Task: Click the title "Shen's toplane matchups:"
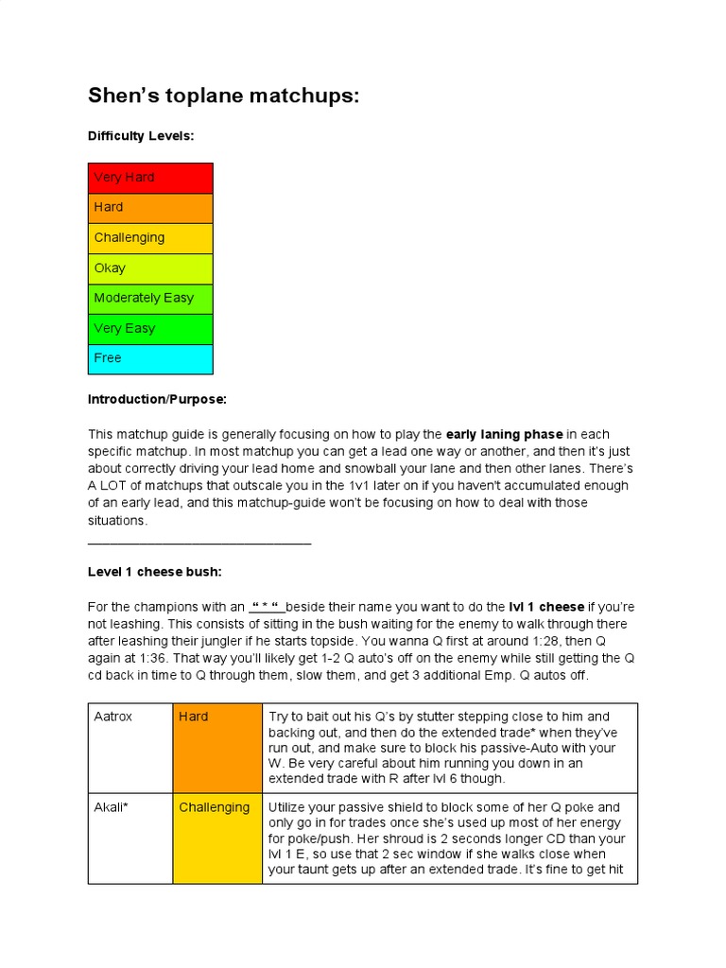(223, 95)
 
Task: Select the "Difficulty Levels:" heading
(141, 136)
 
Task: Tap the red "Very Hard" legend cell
(150, 178)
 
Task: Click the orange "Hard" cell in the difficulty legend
(150, 208)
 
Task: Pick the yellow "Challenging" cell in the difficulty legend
(150, 238)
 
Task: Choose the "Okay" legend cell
(150, 268)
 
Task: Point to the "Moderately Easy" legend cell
(150, 299)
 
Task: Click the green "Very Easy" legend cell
(150, 329)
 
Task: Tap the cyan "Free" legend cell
(150, 359)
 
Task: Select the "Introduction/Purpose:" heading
(157, 400)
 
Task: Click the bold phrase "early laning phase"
(505, 435)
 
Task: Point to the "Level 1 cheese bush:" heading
(154, 572)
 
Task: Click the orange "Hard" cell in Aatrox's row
(216, 747)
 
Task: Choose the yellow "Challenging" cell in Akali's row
(216, 838)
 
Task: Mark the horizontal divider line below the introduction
(199, 543)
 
